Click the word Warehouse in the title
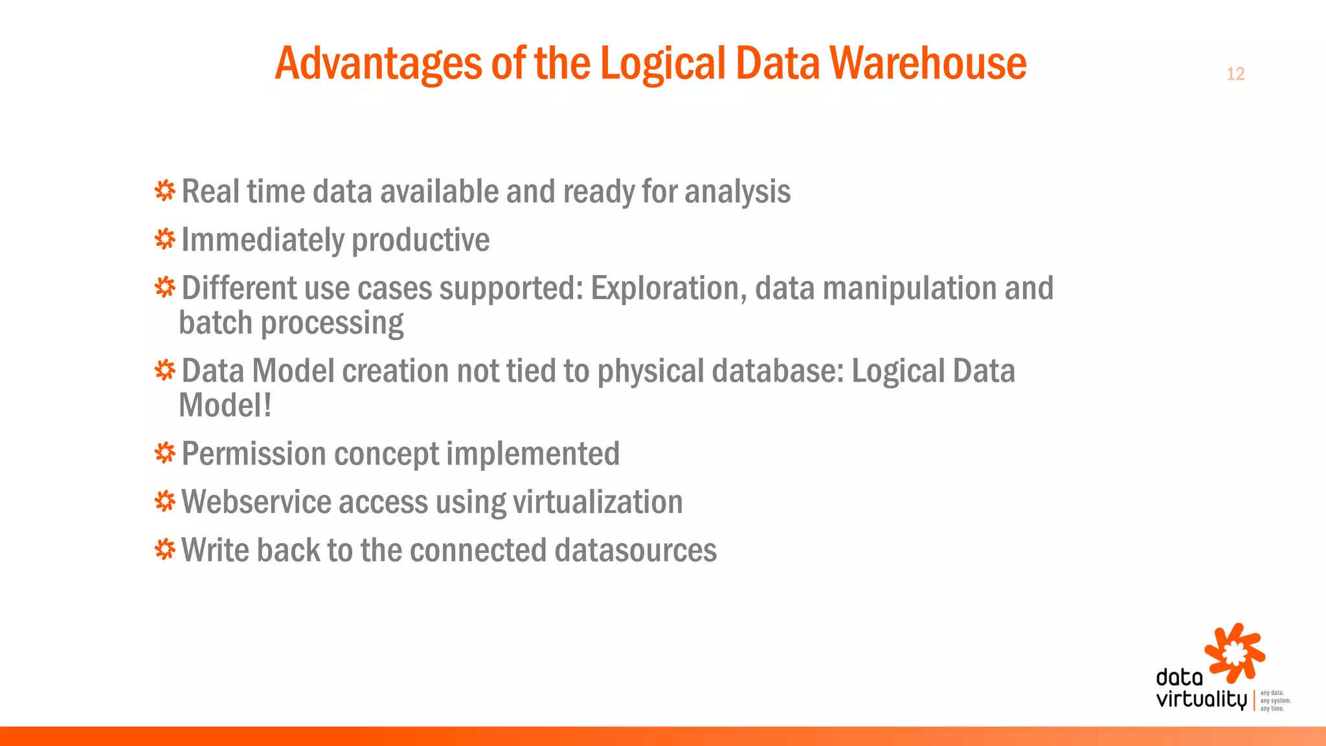[928, 63]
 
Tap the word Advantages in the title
[379, 65]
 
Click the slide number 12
[1235, 74]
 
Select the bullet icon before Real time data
[165, 190]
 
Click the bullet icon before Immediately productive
[165, 239]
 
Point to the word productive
[420, 240]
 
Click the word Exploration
[666, 289]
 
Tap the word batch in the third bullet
[215, 322]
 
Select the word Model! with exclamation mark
[225, 406]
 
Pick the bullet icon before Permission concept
[165, 453]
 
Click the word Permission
[254, 454]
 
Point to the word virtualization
[598, 502]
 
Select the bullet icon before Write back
[165, 549]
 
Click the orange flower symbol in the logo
[1235, 653]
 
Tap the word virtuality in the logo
[1201, 699]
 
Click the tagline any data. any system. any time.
[1274, 701]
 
